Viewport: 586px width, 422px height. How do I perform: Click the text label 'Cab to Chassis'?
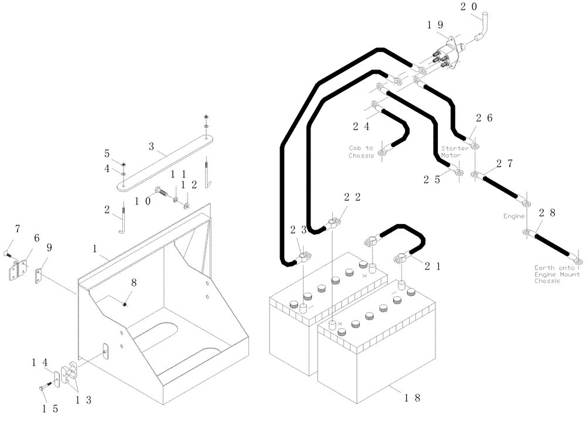click(361, 152)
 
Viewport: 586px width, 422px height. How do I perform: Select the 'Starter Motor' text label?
click(455, 152)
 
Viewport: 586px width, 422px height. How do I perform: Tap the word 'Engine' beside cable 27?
click(513, 216)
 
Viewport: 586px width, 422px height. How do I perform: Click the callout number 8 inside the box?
click(134, 282)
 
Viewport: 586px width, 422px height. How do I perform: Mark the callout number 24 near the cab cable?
click(362, 126)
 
